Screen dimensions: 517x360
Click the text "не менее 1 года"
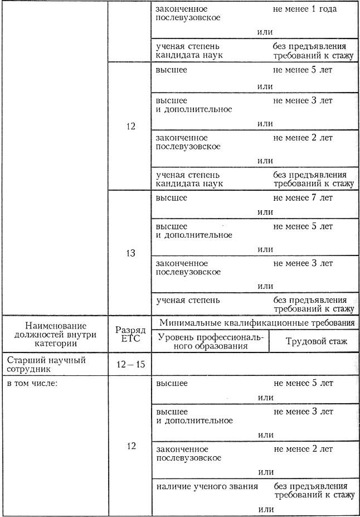point(306,9)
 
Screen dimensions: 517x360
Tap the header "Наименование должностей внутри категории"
point(54,334)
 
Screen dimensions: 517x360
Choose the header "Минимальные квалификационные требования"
point(256,322)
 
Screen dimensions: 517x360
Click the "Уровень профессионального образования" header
point(210,340)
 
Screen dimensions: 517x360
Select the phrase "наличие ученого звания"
point(206,486)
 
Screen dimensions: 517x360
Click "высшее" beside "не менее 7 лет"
point(172,198)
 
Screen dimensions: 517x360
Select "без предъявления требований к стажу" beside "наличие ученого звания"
point(313,490)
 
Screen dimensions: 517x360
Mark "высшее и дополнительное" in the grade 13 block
point(194,231)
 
